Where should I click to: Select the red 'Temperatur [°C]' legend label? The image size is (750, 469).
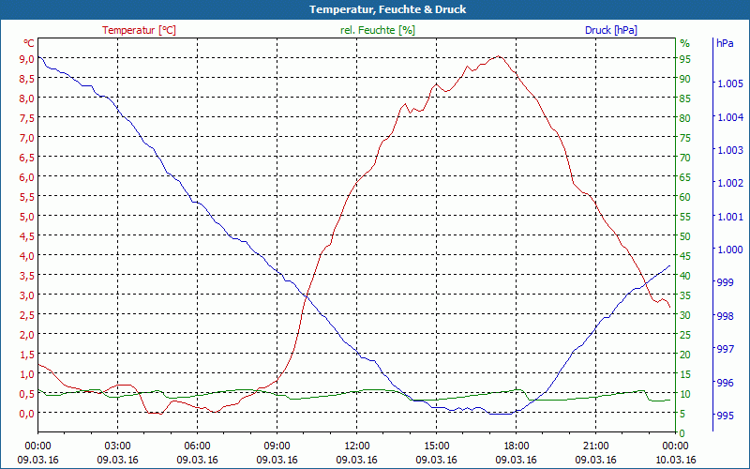[x=139, y=30]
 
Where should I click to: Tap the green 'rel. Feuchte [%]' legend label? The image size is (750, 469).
[x=377, y=30]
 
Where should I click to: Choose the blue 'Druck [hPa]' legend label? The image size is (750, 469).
[x=610, y=30]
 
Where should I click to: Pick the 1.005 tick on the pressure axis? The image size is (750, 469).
[x=729, y=83]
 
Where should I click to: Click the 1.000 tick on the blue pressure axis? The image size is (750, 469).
[x=729, y=250]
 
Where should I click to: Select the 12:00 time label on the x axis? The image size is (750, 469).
[x=357, y=446]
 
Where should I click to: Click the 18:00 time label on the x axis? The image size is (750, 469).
[x=517, y=446]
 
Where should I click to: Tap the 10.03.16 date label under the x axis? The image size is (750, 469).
[x=676, y=460]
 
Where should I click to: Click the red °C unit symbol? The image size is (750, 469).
[x=29, y=43]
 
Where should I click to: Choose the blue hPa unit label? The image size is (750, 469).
[x=725, y=43]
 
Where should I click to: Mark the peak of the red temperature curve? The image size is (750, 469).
[x=500, y=56]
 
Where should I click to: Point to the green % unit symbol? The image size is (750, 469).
[x=684, y=43]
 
